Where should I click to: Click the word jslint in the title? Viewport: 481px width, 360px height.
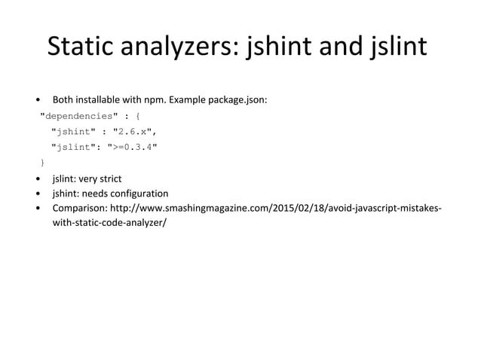[x=397, y=47]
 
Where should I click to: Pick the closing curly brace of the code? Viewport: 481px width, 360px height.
[x=43, y=162]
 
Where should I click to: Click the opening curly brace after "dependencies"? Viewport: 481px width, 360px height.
[x=137, y=117]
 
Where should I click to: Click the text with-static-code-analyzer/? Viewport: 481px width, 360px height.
[x=109, y=224]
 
